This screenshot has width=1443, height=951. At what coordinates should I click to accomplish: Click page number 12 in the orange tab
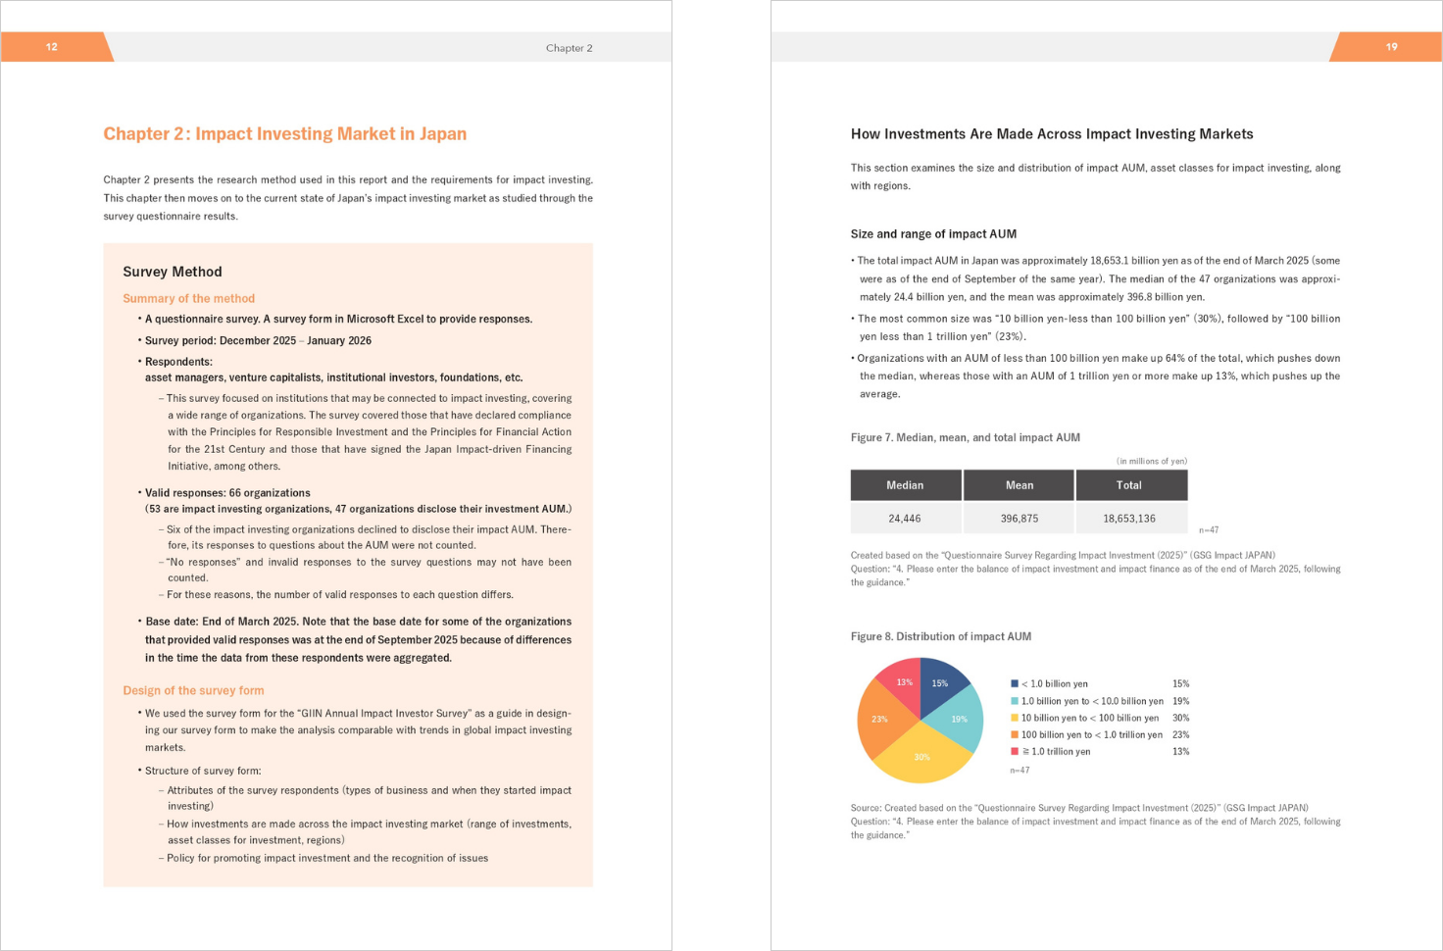pyautogui.click(x=51, y=47)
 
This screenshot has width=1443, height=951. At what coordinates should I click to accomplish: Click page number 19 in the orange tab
pyautogui.click(x=1391, y=47)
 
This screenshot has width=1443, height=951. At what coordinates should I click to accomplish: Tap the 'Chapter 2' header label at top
pyautogui.click(x=569, y=48)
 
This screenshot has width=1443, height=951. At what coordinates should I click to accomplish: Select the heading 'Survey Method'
pyautogui.click(x=173, y=272)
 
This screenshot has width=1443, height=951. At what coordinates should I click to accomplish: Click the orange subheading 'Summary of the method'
pyautogui.click(x=188, y=298)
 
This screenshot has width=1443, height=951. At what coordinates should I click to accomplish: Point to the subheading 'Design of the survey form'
pyautogui.click(x=193, y=690)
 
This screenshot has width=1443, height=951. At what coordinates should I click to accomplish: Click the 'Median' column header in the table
pyautogui.click(x=905, y=485)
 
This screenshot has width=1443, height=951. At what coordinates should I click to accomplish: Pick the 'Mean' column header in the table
pyautogui.click(x=1019, y=485)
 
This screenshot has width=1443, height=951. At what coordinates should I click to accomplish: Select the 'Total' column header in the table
pyautogui.click(x=1128, y=485)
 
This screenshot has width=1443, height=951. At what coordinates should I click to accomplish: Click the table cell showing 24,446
pyautogui.click(x=905, y=519)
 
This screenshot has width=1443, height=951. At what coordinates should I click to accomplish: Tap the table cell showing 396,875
pyautogui.click(x=1019, y=519)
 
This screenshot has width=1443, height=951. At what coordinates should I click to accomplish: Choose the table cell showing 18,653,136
pyautogui.click(x=1128, y=519)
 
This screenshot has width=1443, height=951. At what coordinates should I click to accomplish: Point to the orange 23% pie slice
pyautogui.click(x=879, y=721)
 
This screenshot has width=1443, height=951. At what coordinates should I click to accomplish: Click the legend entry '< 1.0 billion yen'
pyautogui.click(x=1054, y=684)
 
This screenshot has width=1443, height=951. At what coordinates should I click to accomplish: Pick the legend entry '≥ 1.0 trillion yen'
pyautogui.click(x=1056, y=752)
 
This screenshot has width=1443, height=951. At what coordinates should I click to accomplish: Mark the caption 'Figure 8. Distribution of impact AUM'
pyautogui.click(x=940, y=636)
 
